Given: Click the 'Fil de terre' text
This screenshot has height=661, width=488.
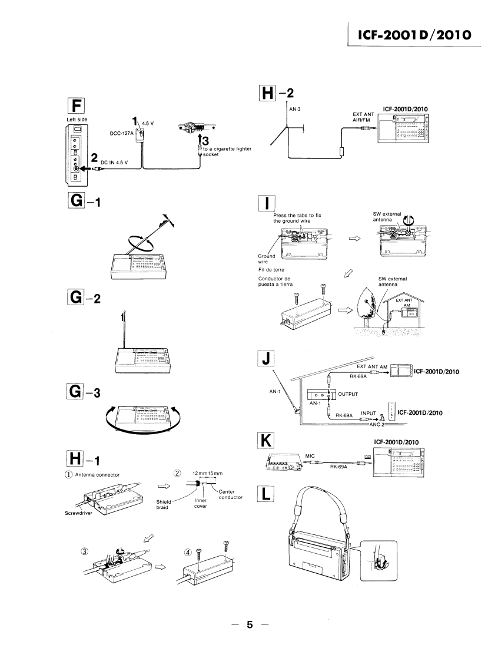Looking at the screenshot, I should (x=272, y=270).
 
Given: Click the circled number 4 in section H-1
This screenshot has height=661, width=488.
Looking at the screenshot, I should (x=188, y=553).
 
